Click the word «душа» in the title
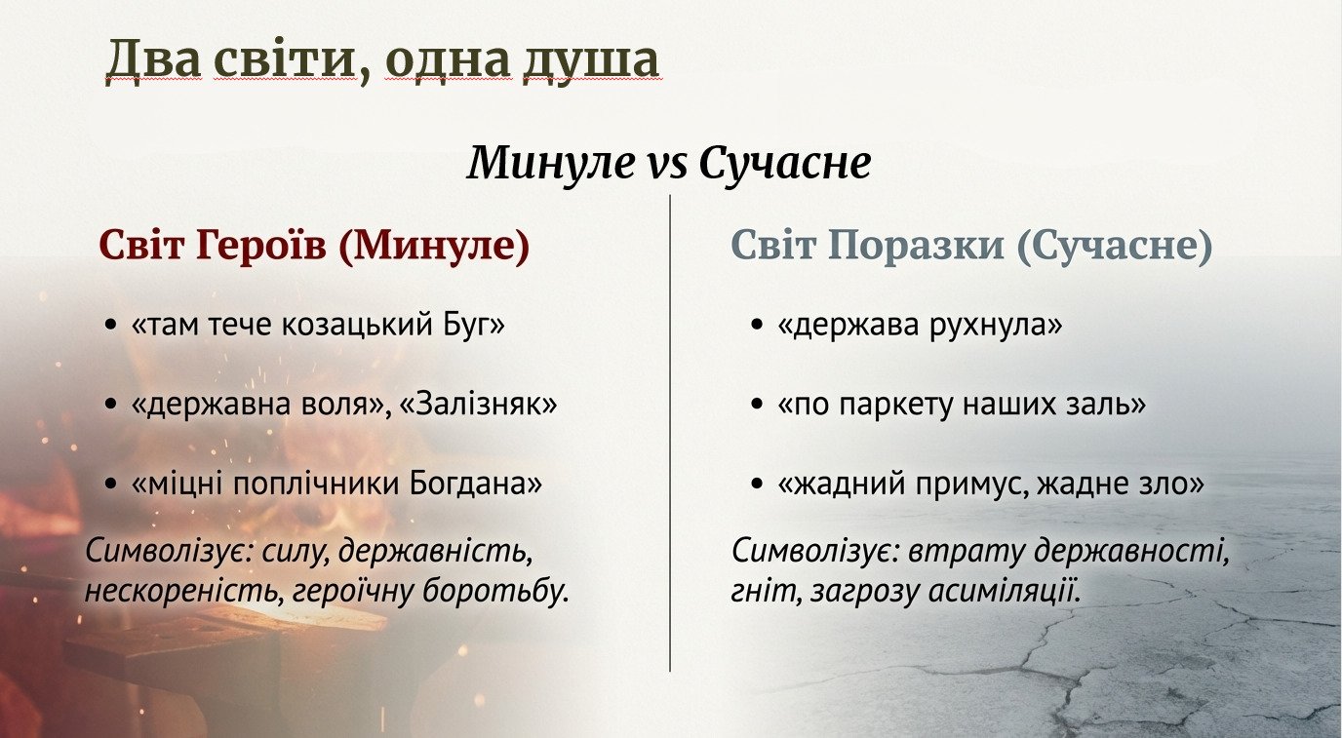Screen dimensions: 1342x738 click(591, 61)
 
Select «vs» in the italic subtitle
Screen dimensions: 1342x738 click(666, 164)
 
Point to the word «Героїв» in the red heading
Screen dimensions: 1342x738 click(261, 246)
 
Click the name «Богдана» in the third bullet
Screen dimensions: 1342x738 click(476, 484)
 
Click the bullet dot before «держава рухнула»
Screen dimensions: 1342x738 click(757, 326)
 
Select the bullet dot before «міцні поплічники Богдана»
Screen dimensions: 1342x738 click(110, 484)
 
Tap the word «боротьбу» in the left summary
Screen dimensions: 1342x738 click(494, 591)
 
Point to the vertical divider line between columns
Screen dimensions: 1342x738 click(670, 433)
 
